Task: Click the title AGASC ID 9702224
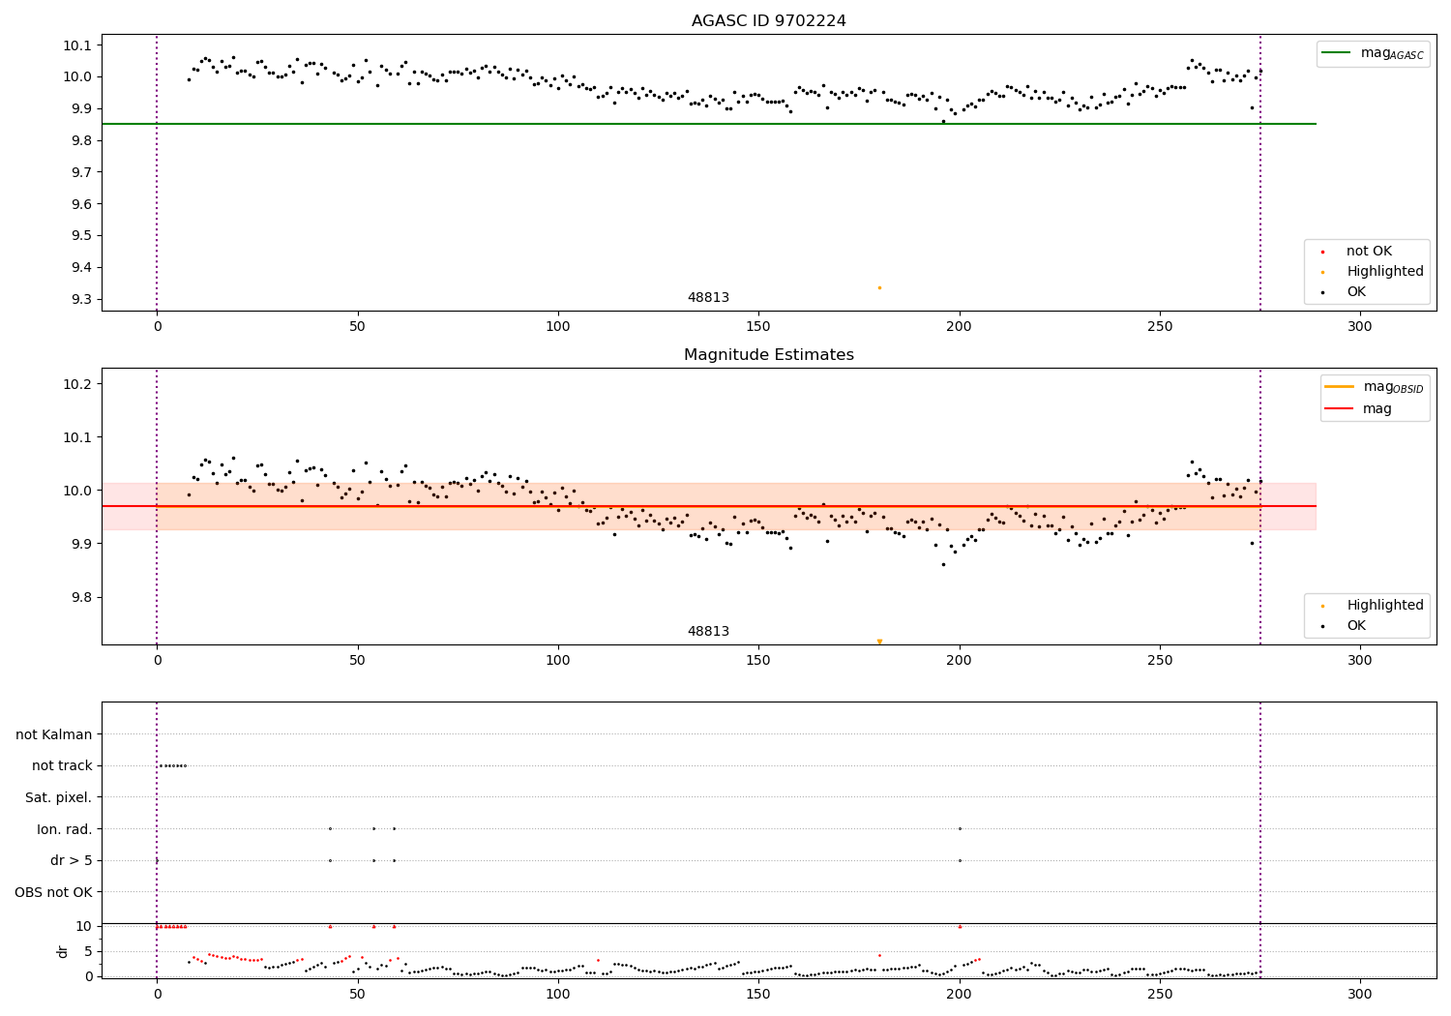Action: (768, 21)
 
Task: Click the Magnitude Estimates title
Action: (768, 355)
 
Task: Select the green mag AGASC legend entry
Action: (1372, 53)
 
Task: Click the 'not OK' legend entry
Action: (1368, 252)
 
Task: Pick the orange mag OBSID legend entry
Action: (1374, 387)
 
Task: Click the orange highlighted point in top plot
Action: (879, 287)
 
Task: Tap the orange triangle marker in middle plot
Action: (879, 642)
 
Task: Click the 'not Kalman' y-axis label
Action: (54, 734)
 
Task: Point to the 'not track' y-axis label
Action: (62, 765)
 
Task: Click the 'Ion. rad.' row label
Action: (64, 829)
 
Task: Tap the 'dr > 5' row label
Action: (71, 860)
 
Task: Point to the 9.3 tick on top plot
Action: (81, 299)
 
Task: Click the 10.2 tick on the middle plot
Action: (77, 384)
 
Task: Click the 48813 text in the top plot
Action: (708, 298)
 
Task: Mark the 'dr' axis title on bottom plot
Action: (63, 951)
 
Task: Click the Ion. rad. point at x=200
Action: (960, 828)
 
